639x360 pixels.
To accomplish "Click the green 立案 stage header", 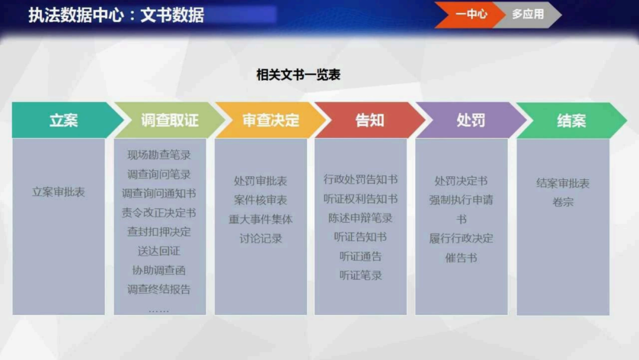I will pos(64,120).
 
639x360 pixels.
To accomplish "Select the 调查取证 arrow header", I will pos(169,120).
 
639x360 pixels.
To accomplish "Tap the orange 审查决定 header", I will pos(270,120).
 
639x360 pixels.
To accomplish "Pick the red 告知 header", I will pos(370,120).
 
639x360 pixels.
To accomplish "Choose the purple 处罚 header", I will pos(471,120).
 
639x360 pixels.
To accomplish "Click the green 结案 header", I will pos(571,120).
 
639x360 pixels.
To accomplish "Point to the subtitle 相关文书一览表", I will pos(298,75).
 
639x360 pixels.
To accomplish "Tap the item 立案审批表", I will pos(59,192).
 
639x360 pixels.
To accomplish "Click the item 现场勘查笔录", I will pos(159,155).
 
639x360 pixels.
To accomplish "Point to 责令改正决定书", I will pos(159,213).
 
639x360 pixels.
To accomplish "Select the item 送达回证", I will pos(159,251).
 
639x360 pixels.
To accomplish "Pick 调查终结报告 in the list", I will pos(159,290).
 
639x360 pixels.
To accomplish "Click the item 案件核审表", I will pos(260,200).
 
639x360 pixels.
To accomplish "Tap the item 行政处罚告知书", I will pos(360,179).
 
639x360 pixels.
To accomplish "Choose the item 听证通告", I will pos(360,256).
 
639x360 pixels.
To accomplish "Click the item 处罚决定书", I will pos(461,181).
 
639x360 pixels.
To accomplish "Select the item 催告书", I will pos(461,258).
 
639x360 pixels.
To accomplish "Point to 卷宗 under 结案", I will pos(563,202).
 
